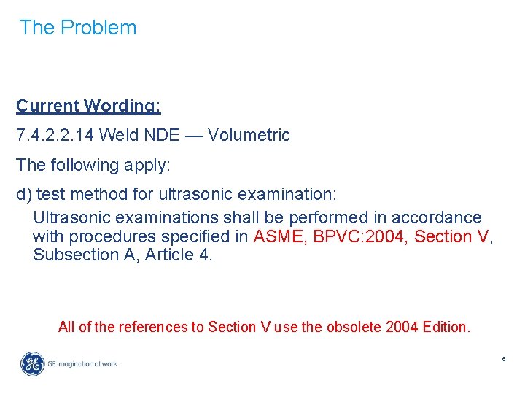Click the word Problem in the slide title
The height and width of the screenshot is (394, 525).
(x=98, y=28)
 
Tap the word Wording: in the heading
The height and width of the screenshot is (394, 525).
(x=122, y=106)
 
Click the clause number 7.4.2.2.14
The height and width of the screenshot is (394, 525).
(x=55, y=135)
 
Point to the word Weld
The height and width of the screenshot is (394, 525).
(x=115, y=135)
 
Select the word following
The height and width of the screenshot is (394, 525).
(x=81, y=166)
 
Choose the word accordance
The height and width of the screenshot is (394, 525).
(x=436, y=217)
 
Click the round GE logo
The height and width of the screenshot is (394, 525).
(x=32, y=363)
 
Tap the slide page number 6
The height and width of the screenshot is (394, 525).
(x=503, y=360)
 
